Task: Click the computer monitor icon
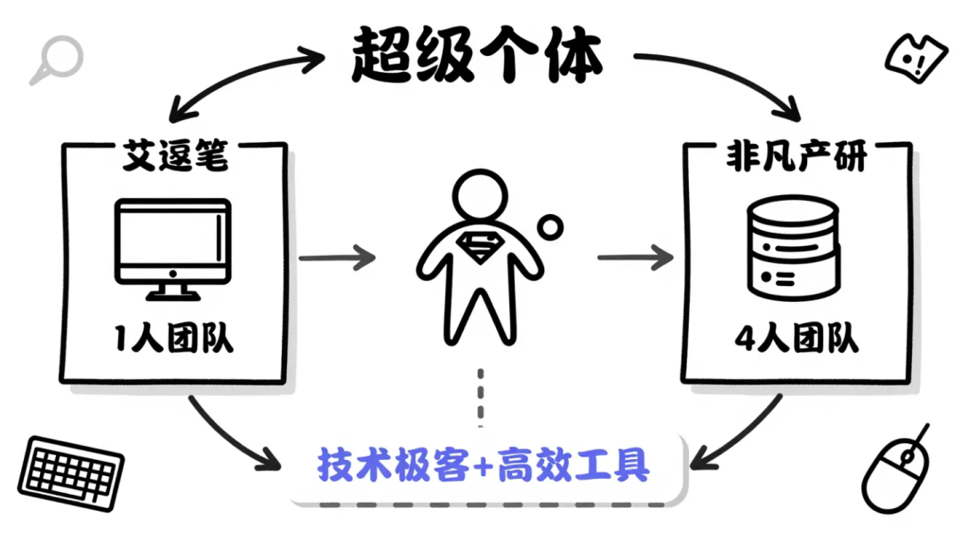click(172, 248)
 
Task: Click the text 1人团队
click(174, 338)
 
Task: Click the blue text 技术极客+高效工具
click(484, 465)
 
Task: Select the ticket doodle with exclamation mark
click(911, 58)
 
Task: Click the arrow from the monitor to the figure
click(336, 258)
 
